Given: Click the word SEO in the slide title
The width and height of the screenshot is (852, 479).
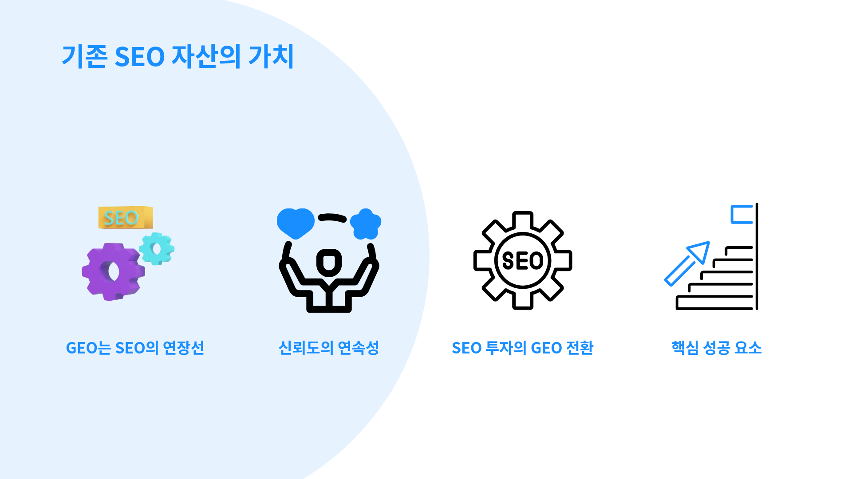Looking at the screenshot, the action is click(x=139, y=57).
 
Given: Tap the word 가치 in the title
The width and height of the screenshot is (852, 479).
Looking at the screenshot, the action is click(x=271, y=56).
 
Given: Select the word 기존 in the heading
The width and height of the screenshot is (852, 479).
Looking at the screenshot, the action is click(x=84, y=56).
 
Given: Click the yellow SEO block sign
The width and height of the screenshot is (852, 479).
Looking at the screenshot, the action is click(x=126, y=217).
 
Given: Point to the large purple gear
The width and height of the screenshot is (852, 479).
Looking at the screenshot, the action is click(x=113, y=271).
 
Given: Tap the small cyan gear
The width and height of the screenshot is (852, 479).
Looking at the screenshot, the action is click(x=157, y=249).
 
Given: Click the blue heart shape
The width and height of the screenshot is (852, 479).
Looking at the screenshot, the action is click(x=296, y=223).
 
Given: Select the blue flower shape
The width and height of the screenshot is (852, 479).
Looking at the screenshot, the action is click(x=366, y=224).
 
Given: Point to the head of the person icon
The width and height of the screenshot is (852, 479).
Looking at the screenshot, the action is click(x=329, y=262).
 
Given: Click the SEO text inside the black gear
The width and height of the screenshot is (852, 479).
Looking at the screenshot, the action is click(x=523, y=260).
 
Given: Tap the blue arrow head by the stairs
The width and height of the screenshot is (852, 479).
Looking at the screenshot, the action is click(x=699, y=251).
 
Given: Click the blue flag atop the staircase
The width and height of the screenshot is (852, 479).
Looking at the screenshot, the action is click(x=742, y=214).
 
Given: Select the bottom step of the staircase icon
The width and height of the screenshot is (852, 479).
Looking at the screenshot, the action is click(x=714, y=302).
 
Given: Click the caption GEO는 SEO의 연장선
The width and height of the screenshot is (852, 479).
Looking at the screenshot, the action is click(x=135, y=348).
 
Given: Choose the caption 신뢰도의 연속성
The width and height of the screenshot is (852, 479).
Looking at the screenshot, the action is click(x=329, y=348).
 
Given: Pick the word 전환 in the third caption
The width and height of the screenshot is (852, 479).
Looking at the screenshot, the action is click(x=580, y=348).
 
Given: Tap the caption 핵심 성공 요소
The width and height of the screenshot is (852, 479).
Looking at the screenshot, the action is click(x=717, y=348).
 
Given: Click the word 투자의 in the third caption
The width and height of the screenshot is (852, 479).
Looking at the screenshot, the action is click(x=506, y=348).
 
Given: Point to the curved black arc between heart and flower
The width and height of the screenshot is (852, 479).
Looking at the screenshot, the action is click(x=332, y=217).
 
